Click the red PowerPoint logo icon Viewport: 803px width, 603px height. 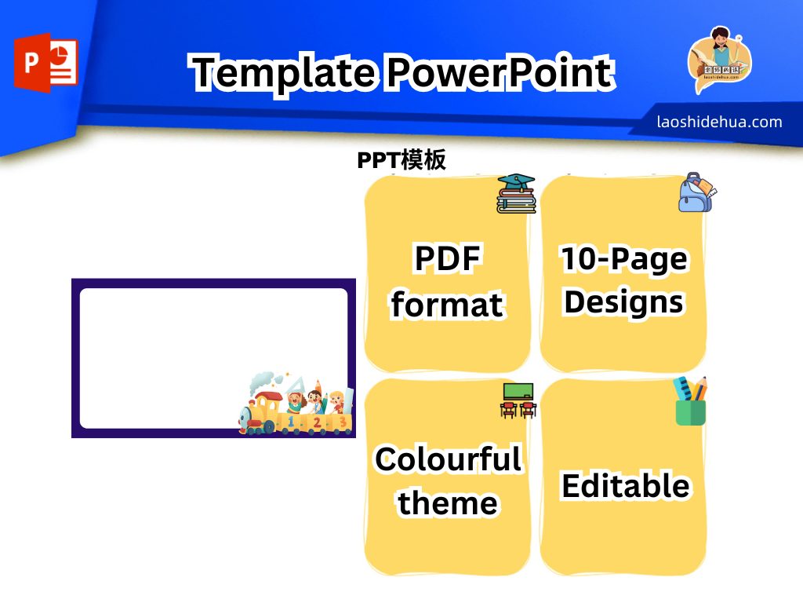pos(46,63)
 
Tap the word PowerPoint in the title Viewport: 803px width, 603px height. pos(500,72)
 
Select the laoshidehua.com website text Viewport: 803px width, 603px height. pos(719,122)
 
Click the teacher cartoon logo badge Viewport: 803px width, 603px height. pos(719,59)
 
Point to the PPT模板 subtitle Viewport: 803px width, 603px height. pos(401,159)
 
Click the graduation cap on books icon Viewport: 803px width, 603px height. pos(516,193)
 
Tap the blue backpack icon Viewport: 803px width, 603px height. pos(696,192)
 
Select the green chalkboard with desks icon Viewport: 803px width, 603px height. pos(518,400)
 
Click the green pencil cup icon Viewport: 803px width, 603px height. pos(690,401)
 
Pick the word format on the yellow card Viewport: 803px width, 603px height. pos(447,305)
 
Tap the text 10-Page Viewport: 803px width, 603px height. pos(623,258)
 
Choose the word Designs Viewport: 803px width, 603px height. pos(623,302)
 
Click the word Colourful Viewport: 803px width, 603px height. pos(448,459)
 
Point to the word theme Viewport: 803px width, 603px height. pos(448,502)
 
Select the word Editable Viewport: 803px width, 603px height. pos(625,485)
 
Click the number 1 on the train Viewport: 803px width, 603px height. pos(291,422)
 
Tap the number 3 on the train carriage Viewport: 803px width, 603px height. pos(343,422)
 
